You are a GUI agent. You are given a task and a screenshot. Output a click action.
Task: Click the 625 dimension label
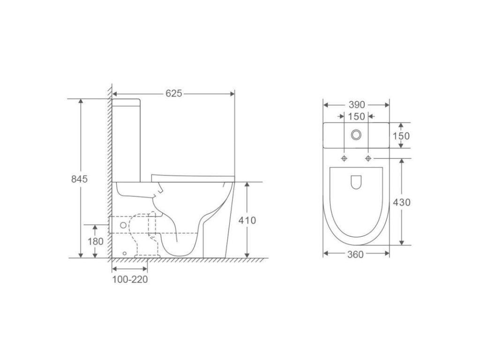pyautogui.click(x=174, y=93)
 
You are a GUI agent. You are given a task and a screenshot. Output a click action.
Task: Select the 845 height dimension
pyautogui.click(x=79, y=179)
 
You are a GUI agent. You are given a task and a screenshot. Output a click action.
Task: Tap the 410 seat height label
pyautogui.click(x=247, y=220)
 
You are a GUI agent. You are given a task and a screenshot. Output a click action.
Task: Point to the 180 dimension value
pyautogui.click(x=96, y=241)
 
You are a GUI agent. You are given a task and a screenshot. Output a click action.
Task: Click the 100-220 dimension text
pyautogui.click(x=130, y=279)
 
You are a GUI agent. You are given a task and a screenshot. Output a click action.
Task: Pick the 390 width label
pyautogui.click(x=357, y=105)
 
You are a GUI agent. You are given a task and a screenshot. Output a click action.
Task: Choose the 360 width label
pyautogui.click(x=355, y=255)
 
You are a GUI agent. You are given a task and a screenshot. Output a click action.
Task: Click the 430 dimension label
pyautogui.click(x=402, y=202)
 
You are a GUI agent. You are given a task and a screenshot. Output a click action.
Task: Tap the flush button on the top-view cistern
pyautogui.click(x=356, y=135)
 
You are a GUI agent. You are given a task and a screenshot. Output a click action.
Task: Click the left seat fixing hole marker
pyautogui.click(x=345, y=158)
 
